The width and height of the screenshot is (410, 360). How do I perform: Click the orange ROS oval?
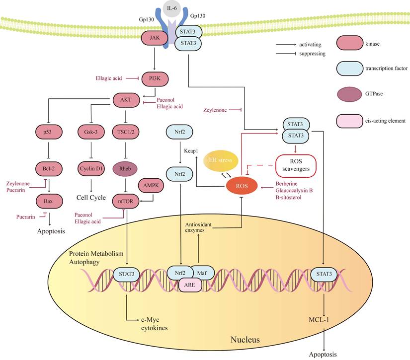(x=241, y=187)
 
